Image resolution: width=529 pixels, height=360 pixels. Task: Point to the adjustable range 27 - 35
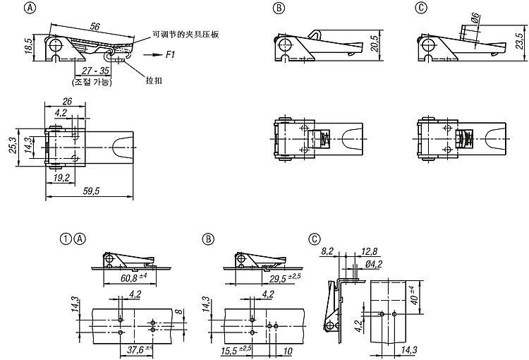94,71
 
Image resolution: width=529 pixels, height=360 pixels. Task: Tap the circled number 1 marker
66,239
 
